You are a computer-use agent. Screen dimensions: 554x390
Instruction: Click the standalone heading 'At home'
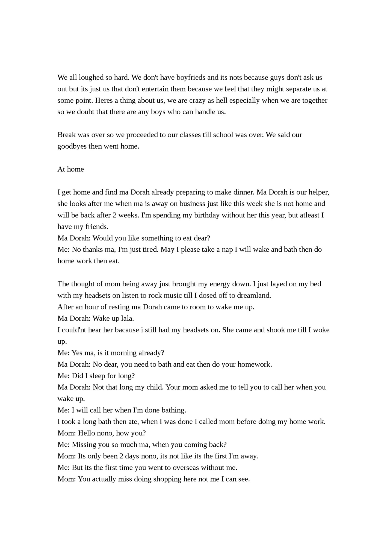[x=70, y=169]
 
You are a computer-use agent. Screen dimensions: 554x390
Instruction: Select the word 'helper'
[x=318, y=192]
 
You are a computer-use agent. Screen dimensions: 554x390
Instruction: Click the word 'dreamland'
[x=254, y=296]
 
